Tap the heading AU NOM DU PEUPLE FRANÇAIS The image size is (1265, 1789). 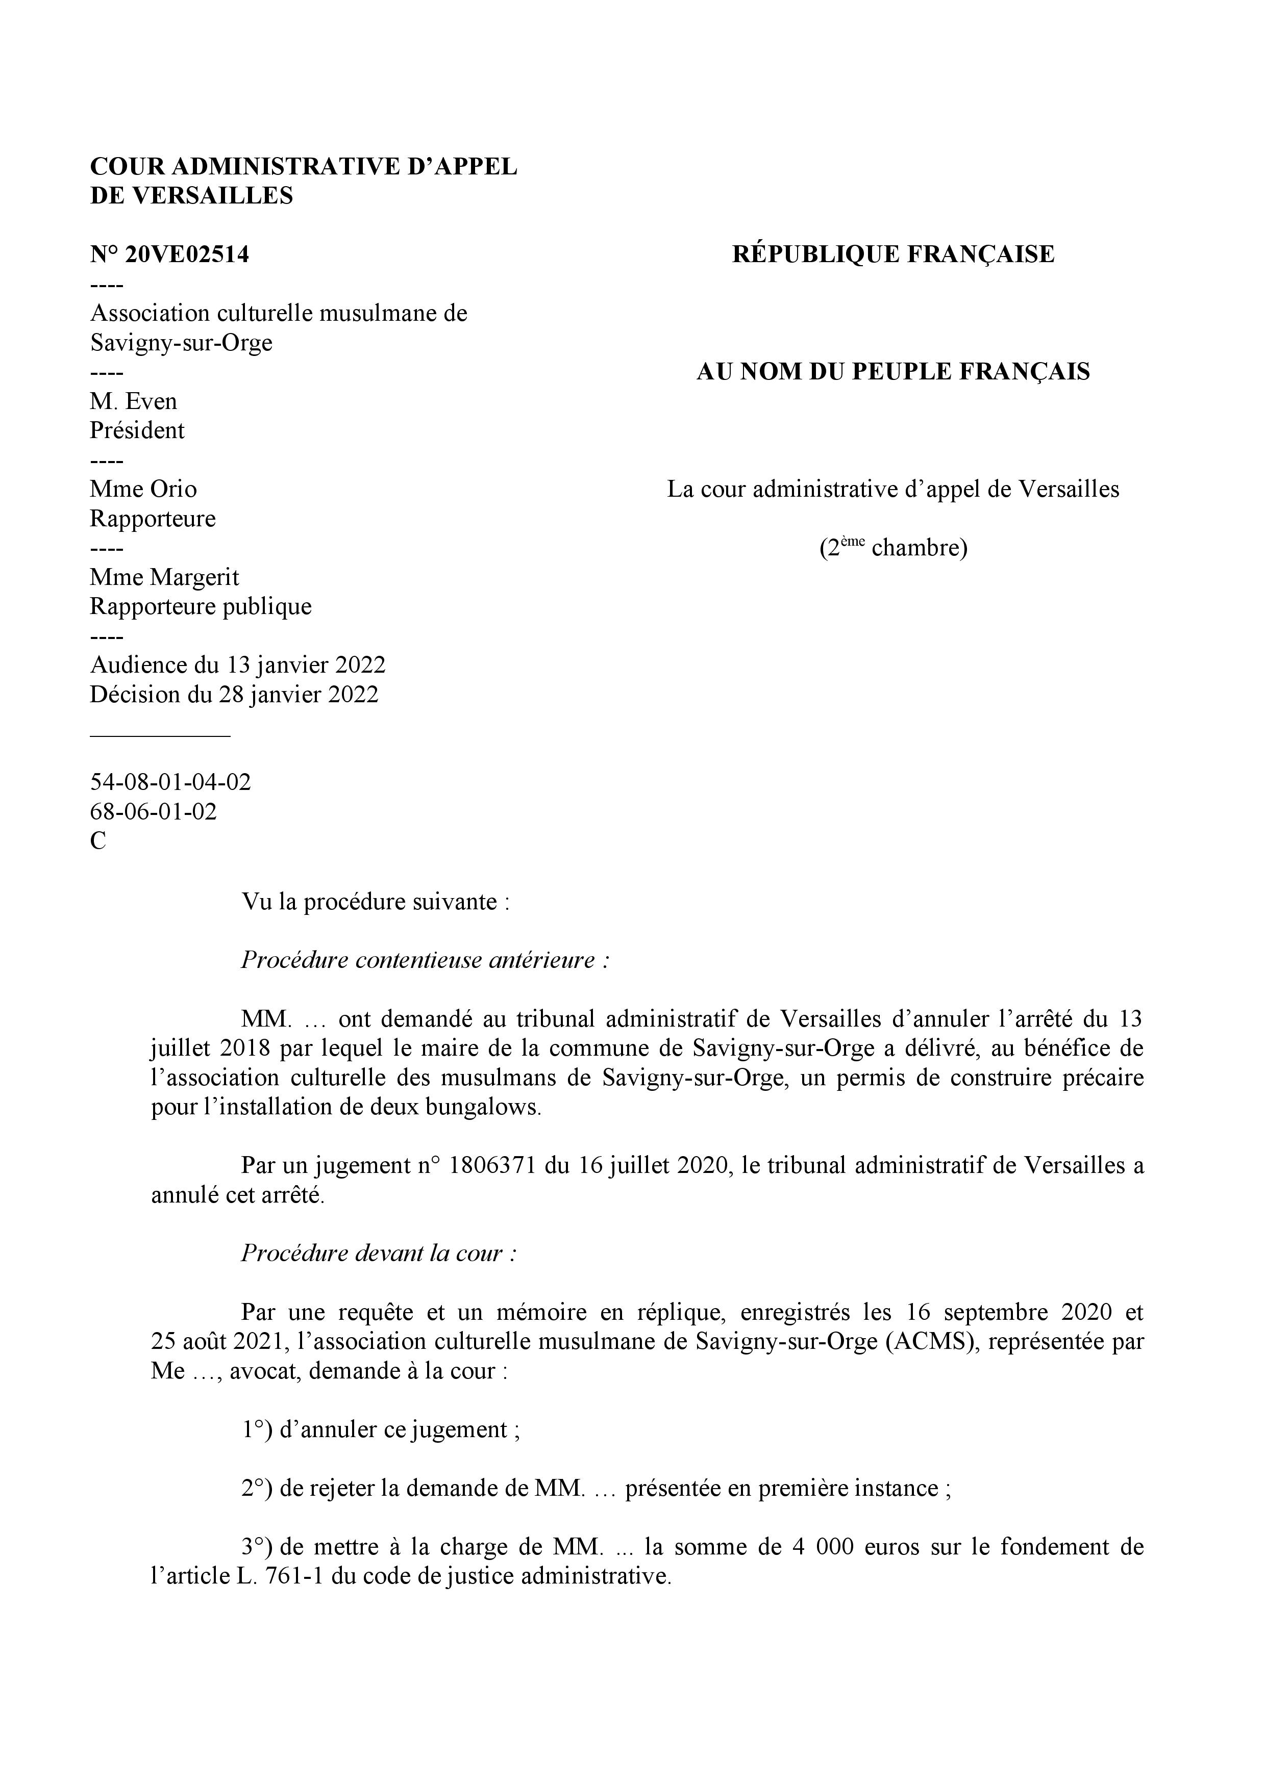[892, 372]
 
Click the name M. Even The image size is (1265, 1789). [133, 401]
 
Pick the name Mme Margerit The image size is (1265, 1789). [164, 577]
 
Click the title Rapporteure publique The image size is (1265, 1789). [201, 606]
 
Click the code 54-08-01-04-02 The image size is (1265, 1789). [171, 782]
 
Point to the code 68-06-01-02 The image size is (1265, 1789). [154, 812]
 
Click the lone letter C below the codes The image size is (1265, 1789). [98, 841]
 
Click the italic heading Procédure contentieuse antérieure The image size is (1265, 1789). [425, 960]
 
